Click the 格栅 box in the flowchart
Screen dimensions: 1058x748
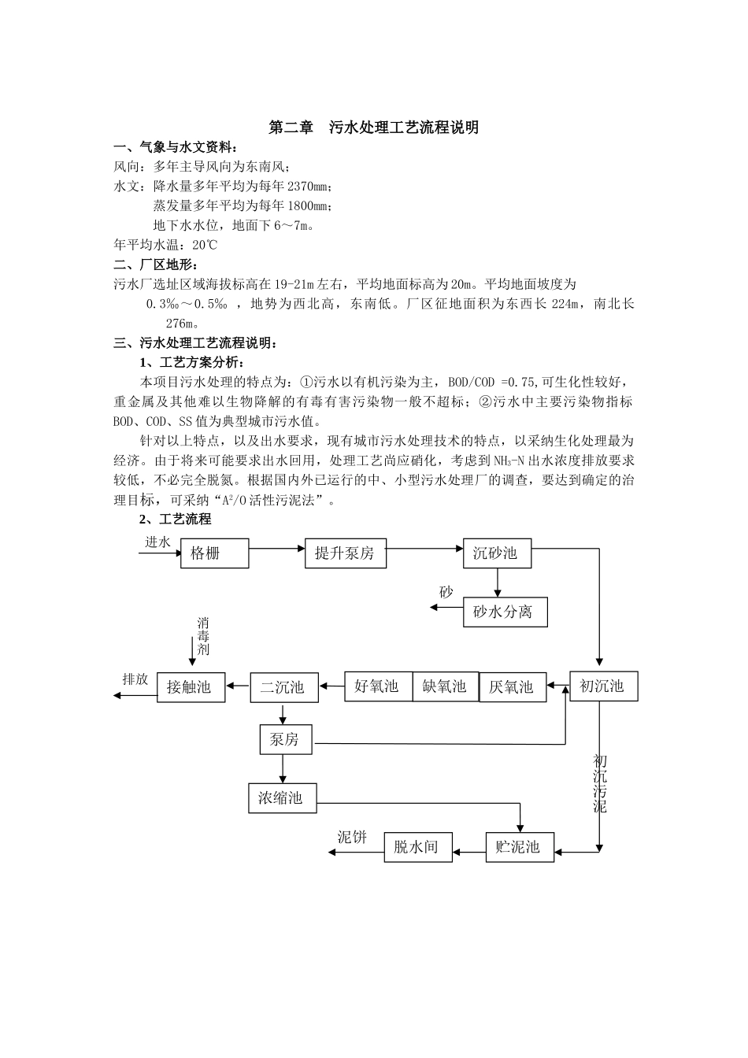coord(214,553)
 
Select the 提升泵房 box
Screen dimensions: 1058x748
coord(345,553)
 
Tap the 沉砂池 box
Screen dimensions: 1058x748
coord(497,553)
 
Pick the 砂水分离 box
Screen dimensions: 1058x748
coord(504,612)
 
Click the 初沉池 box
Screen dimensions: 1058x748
coord(603,686)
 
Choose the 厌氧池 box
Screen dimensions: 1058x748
coord(513,687)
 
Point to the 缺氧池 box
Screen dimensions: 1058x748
coord(446,686)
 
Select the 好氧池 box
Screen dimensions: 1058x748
coord(378,686)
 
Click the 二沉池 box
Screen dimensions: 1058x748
coord(283,687)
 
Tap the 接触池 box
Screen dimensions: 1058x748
coord(191,687)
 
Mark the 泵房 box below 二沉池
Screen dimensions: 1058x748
coord(285,740)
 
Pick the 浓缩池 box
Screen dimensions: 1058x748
coord(282,798)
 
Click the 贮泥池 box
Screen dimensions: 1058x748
coord(519,848)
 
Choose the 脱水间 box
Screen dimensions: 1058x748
coord(417,848)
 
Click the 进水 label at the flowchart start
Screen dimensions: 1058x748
coord(157,542)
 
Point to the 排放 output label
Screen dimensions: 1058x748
coord(135,679)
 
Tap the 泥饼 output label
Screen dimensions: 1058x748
coord(353,837)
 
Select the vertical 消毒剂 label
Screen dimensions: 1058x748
coord(203,637)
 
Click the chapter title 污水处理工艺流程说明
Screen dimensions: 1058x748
coord(374,127)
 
